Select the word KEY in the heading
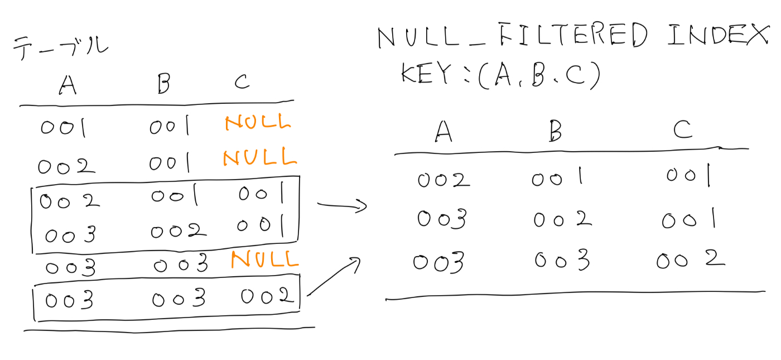click(x=425, y=74)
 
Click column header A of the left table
click(x=68, y=85)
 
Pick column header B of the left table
click(x=163, y=84)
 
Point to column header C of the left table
click(x=242, y=83)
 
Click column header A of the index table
click(x=443, y=131)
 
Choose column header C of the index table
click(x=682, y=129)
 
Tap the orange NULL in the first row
click(x=258, y=123)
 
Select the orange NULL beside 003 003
click(x=264, y=259)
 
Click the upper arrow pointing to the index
click(x=341, y=206)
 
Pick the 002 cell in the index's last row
click(x=690, y=260)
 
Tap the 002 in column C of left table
click(x=267, y=297)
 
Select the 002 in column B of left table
click(x=178, y=230)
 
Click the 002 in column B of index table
click(x=562, y=219)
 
